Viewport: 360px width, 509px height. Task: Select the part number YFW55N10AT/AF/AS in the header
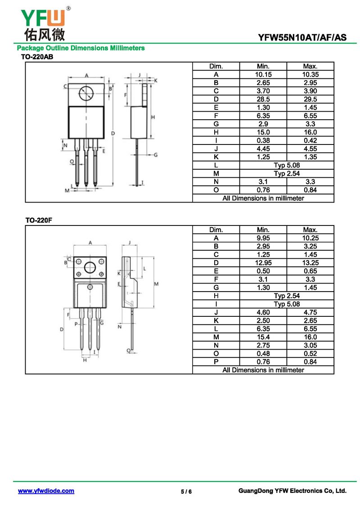pyautogui.click(x=302, y=37)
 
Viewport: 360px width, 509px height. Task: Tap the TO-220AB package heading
pyautogui.click(x=37, y=57)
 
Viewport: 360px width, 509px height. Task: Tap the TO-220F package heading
pyautogui.click(x=39, y=220)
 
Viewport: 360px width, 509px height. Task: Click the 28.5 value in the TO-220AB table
pyautogui.click(x=263, y=99)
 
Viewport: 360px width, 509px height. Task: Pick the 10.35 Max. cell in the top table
pyautogui.click(x=310, y=74)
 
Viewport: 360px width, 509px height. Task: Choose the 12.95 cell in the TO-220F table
pyautogui.click(x=263, y=263)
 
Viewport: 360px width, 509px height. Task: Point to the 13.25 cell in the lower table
pyautogui.click(x=310, y=263)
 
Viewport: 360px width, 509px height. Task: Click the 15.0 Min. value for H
pyautogui.click(x=263, y=132)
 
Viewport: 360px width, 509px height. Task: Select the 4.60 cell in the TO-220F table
pyautogui.click(x=263, y=312)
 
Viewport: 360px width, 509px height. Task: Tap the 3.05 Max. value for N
pyautogui.click(x=310, y=345)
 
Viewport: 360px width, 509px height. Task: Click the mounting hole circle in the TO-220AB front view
pyautogui.click(x=86, y=94)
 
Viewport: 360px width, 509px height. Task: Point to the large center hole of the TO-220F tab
pyautogui.click(x=90, y=267)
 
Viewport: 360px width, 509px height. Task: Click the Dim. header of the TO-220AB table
pyautogui.click(x=216, y=66)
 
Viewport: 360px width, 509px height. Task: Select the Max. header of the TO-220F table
pyautogui.click(x=310, y=230)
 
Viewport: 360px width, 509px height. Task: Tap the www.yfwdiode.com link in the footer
pyautogui.click(x=46, y=491)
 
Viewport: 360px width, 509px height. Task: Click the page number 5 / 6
pyautogui.click(x=186, y=491)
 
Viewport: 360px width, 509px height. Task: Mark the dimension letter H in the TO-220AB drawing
pyautogui.click(x=153, y=117)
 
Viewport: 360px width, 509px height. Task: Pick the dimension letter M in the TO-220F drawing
pyautogui.click(x=156, y=284)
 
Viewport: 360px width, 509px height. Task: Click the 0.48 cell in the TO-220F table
pyautogui.click(x=263, y=353)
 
